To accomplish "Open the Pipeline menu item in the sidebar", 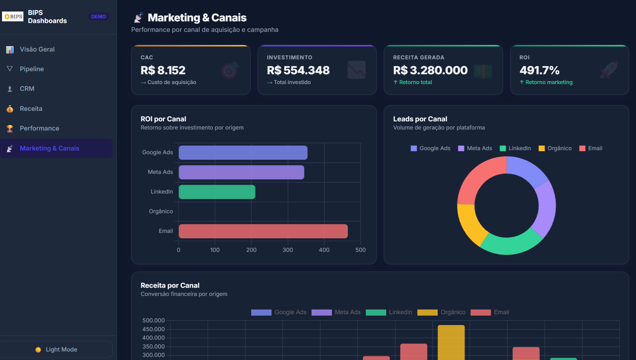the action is pyautogui.click(x=32, y=69).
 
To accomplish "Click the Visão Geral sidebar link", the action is pyautogui.click(x=37, y=49).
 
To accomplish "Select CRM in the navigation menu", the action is pyautogui.click(x=27, y=88).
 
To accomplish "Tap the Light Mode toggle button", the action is pyautogui.click(x=56, y=349).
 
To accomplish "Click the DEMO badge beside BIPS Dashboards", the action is pyautogui.click(x=98, y=17).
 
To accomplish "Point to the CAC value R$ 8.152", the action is pyautogui.click(x=163, y=70).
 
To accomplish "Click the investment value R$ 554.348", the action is pyautogui.click(x=298, y=70).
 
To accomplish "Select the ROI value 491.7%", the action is pyautogui.click(x=539, y=70).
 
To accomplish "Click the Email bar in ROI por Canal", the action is pyautogui.click(x=263, y=231).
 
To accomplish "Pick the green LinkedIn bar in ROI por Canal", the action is pyautogui.click(x=217, y=192).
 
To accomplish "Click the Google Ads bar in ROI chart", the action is pyautogui.click(x=243, y=153).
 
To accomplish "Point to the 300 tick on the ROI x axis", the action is pyautogui.click(x=288, y=250).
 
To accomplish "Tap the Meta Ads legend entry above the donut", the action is pyautogui.click(x=475, y=148).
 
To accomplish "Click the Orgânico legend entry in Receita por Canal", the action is pyautogui.click(x=441, y=312).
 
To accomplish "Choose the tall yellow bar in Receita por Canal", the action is pyautogui.click(x=451, y=342).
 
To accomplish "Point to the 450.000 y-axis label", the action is pyautogui.click(x=154, y=329).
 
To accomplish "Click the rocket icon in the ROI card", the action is pyautogui.click(x=609, y=70).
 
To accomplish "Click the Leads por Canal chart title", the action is pyautogui.click(x=420, y=119).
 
